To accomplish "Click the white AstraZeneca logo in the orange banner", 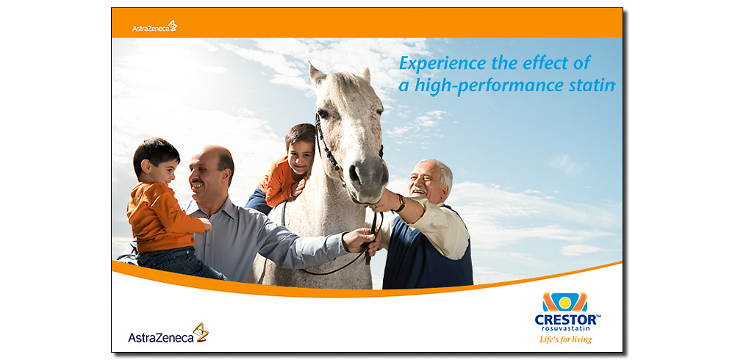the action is point(154,26).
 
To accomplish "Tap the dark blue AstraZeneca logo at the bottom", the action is point(168,334).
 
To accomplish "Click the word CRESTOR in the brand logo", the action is point(566,320).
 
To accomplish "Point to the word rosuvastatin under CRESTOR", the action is point(566,328).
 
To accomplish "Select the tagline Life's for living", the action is point(566,339).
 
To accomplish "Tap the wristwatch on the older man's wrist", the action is point(401,204).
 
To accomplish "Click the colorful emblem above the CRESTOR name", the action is point(564,303).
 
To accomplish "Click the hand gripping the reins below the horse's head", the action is point(362,240).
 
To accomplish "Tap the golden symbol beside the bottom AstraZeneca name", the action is point(201,331).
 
